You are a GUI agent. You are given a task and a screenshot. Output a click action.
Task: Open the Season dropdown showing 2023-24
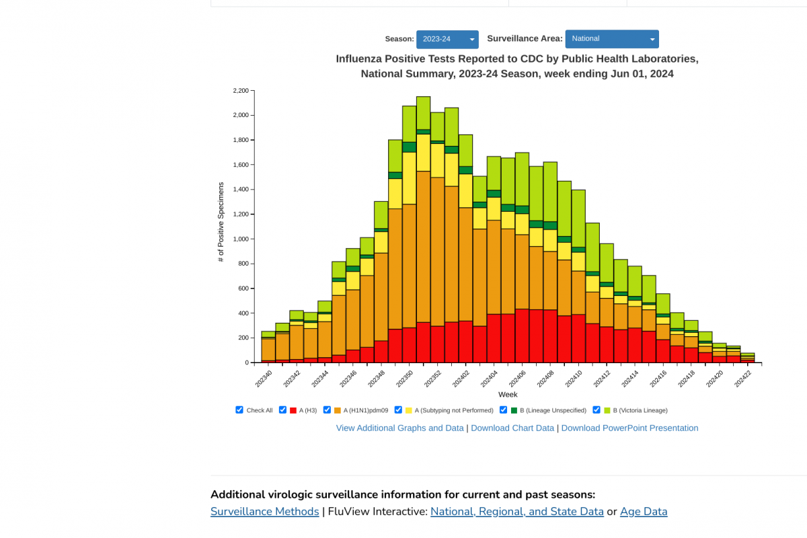(447, 40)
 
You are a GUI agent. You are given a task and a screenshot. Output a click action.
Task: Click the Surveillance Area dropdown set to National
(611, 39)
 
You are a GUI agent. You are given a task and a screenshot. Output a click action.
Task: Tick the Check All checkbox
(239, 410)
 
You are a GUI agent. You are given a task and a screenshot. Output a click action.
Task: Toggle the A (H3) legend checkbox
(283, 410)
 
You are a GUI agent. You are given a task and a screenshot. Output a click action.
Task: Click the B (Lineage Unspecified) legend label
(553, 410)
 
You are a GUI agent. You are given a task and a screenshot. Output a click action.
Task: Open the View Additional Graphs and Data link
(399, 428)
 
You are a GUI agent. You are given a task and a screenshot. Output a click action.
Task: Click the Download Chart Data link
(512, 428)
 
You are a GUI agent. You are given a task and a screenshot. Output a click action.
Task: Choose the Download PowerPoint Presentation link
(629, 428)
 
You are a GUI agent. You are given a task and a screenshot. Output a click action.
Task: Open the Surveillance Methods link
(265, 512)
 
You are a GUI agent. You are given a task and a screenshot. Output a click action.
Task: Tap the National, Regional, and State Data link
(517, 512)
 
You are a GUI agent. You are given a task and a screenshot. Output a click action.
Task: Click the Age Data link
(644, 512)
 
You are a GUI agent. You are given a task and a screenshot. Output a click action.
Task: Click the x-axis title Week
(508, 395)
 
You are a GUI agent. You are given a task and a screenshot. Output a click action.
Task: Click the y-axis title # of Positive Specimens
(221, 222)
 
